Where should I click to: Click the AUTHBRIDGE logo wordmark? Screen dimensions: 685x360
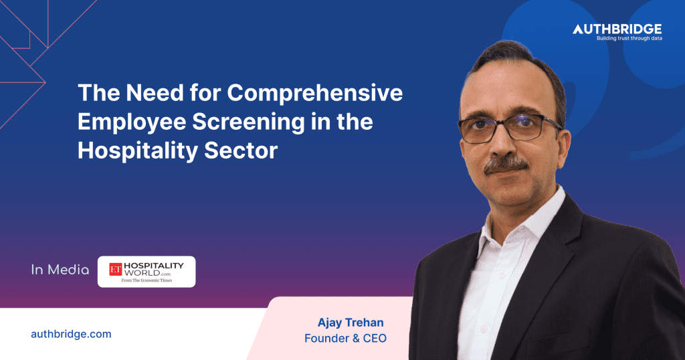(617, 29)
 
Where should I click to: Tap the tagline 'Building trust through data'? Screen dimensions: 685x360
(629, 38)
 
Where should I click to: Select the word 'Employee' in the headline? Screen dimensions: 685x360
(132, 122)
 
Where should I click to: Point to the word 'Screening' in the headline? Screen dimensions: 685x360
(249, 122)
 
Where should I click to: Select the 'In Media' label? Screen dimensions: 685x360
(60, 270)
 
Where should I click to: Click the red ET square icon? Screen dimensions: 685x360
(115, 269)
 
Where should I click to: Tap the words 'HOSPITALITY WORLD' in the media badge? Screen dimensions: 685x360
(153, 269)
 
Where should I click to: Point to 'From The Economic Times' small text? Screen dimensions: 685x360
(146, 280)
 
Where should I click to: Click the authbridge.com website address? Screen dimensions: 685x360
(71, 334)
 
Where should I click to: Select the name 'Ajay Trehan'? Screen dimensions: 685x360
(351, 323)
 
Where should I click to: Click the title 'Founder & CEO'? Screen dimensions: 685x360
(346, 338)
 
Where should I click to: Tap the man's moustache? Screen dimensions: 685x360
(506, 164)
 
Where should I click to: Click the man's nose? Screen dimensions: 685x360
(501, 143)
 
